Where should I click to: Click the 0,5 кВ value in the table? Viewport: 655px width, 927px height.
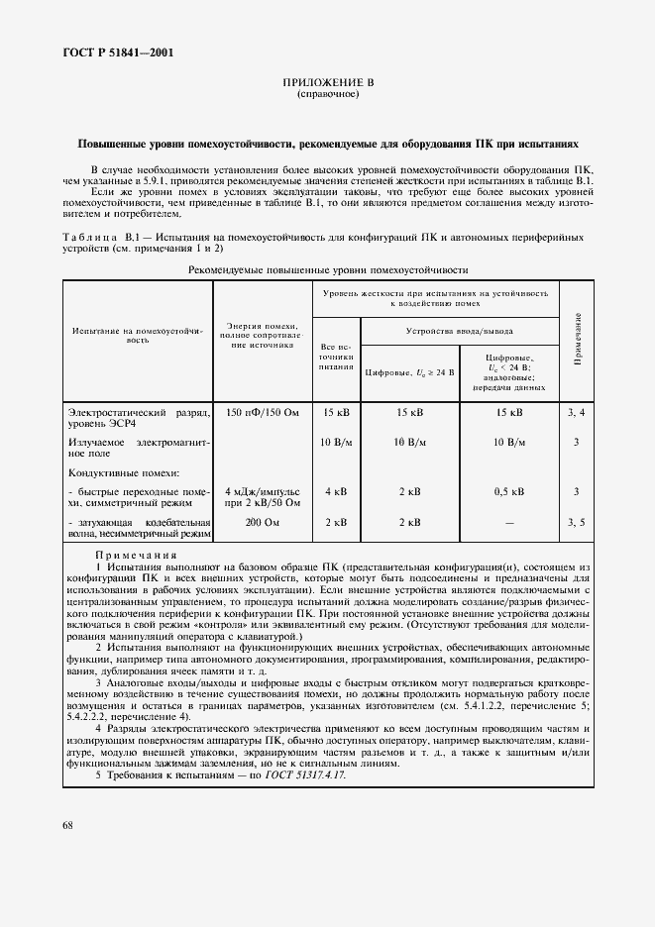509,490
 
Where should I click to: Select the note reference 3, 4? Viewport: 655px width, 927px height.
576,411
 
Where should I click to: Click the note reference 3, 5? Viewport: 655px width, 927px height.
576,522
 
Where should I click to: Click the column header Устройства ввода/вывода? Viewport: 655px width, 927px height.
459,330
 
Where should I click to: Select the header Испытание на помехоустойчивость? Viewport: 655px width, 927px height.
137,334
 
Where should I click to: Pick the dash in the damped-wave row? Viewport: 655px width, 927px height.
509,522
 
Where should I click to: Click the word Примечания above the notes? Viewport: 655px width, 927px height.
136,555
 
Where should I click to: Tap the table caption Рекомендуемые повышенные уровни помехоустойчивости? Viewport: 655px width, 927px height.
327,268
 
